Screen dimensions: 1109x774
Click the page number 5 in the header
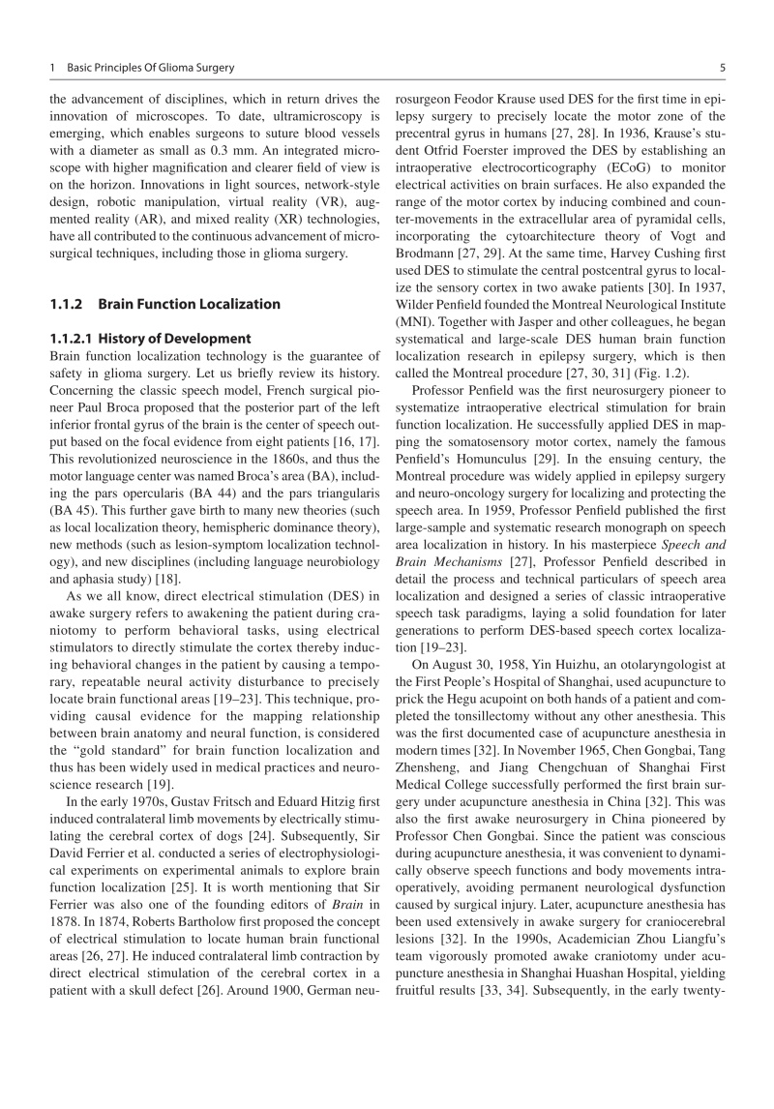click(723, 68)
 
